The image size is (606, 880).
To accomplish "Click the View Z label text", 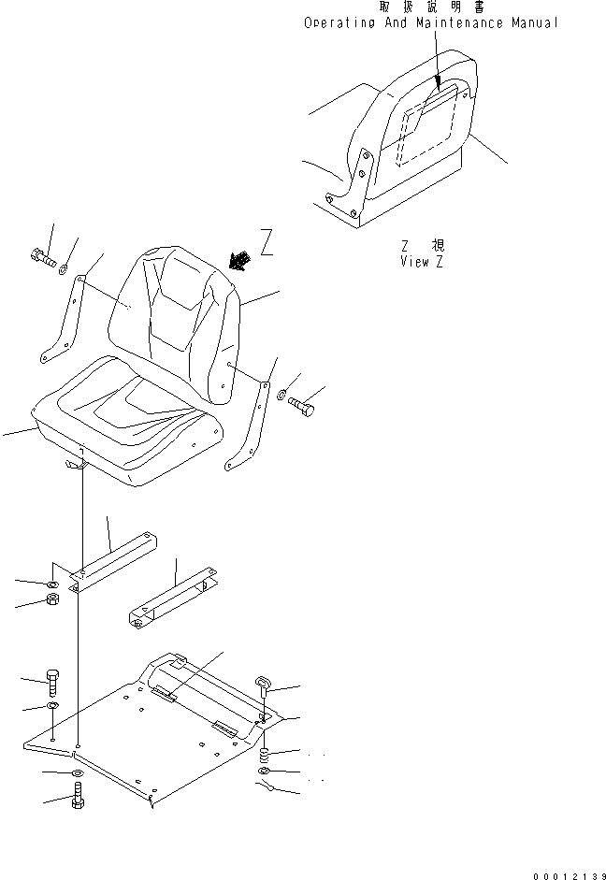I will (421, 262).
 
